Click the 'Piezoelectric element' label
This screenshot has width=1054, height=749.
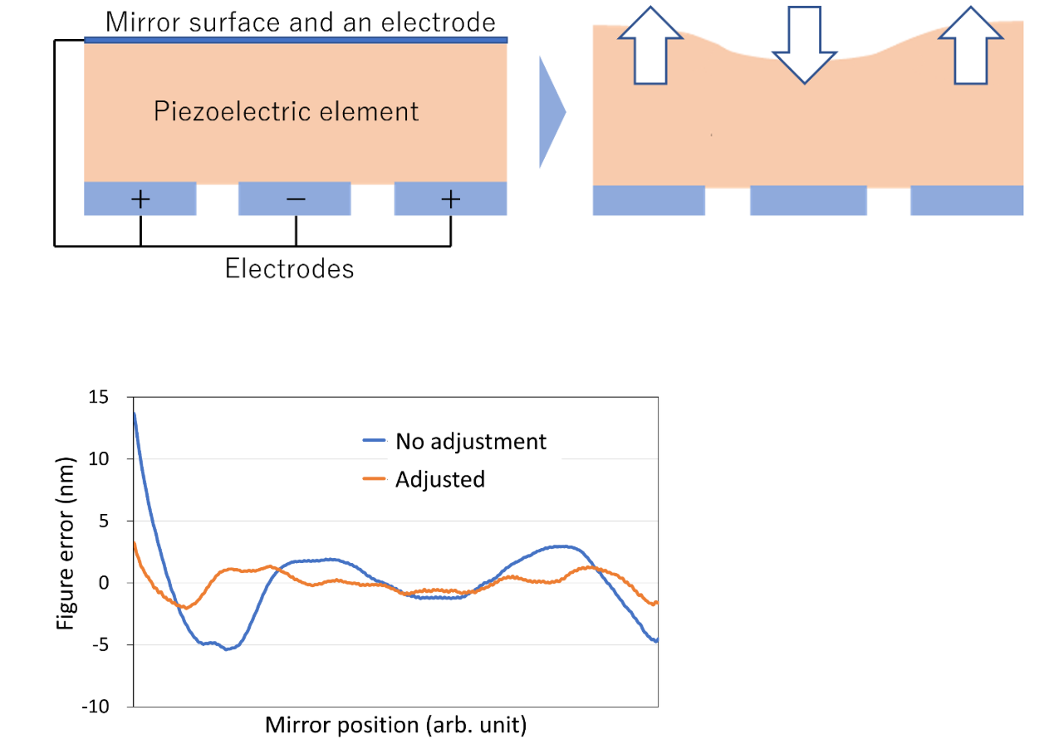[287, 111]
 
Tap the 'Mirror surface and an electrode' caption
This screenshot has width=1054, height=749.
[300, 21]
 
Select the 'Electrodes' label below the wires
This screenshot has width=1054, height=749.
[289, 269]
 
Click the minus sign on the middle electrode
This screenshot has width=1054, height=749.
[296, 199]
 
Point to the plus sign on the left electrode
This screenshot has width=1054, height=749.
[140, 199]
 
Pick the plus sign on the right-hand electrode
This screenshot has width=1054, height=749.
[450, 199]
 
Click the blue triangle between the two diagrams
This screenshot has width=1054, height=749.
[550, 111]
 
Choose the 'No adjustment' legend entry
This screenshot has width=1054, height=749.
[470, 441]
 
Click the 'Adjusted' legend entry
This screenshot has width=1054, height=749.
[439, 479]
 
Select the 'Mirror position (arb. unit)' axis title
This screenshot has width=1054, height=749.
[395, 725]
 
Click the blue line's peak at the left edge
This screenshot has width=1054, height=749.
[135, 414]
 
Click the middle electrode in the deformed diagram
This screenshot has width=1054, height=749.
[807, 200]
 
